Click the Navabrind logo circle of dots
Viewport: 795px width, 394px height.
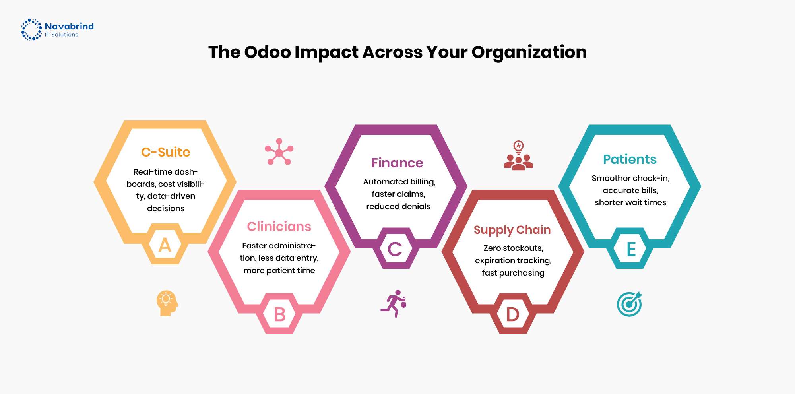click(31, 29)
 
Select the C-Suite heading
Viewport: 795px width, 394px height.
click(166, 152)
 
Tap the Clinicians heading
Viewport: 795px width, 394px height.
click(279, 227)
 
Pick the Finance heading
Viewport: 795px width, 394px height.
click(397, 163)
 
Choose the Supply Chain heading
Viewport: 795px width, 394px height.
click(512, 230)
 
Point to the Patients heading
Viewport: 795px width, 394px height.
click(630, 159)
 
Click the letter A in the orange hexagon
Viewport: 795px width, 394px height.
click(165, 245)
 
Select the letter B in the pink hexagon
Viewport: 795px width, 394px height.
click(280, 315)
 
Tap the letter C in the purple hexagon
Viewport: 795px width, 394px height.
click(395, 249)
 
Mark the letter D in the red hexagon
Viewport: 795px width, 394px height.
click(513, 314)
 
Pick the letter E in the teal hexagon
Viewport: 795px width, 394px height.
click(631, 249)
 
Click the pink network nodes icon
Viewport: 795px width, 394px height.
click(279, 152)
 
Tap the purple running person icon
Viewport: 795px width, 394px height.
click(394, 303)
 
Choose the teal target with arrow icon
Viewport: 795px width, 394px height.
click(630, 304)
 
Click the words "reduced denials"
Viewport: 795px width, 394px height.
click(398, 206)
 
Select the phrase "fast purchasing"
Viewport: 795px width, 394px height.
click(513, 273)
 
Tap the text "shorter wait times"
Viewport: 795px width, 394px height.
click(630, 202)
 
